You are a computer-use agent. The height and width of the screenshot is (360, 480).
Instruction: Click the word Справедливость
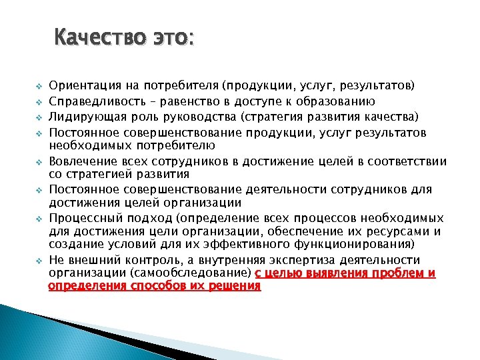pyautogui.click(x=94, y=101)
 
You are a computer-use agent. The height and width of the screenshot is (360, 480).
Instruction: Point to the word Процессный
pyautogui.click(x=81, y=218)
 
